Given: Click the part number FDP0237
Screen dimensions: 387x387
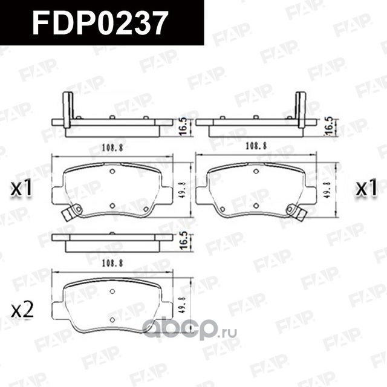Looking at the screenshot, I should tap(100, 24).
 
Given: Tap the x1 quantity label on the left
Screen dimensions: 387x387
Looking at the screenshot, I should tap(22, 189).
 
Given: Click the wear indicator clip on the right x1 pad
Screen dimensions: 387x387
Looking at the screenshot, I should tap(295, 212).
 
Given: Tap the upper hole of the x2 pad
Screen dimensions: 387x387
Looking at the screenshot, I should tap(112, 291).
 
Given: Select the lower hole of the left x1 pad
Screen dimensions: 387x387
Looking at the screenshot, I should tap(112, 206).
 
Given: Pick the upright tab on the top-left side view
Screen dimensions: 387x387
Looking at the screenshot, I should tap(68, 109).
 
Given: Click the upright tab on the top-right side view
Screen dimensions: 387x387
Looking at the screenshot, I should tap(301, 109).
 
